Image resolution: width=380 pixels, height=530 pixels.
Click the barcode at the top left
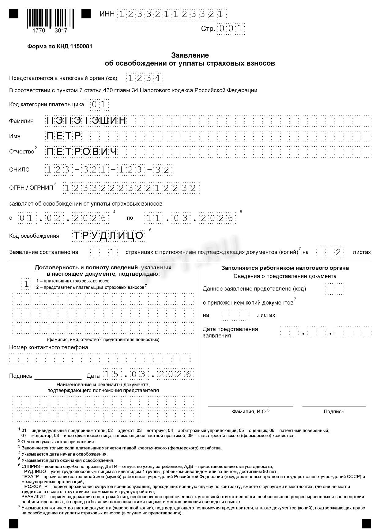point(50,19)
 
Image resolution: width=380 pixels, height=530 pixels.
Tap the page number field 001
point(231,29)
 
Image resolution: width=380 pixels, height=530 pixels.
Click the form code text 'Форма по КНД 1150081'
point(60,47)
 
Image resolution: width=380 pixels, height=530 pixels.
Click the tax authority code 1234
point(145,78)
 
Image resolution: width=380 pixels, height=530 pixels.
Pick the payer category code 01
point(99,105)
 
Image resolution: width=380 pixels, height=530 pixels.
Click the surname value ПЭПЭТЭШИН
point(86,121)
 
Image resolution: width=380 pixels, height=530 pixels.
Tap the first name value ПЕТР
point(64,136)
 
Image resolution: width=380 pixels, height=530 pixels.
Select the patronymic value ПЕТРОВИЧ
point(82,152)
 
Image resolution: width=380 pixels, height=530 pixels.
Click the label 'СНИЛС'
point(19,170)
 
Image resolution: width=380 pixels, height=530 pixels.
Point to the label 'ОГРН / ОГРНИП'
point(31,188)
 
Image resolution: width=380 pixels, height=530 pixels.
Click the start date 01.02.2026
point(63,218)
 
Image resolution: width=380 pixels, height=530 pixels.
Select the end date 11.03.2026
point(190,218)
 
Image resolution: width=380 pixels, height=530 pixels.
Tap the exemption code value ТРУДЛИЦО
point(108,236)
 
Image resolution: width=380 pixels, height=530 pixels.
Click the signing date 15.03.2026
point(148,374)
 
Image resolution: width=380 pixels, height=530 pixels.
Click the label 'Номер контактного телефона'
point(48,347)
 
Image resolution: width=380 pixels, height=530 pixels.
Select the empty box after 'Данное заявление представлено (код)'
point(335,289)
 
